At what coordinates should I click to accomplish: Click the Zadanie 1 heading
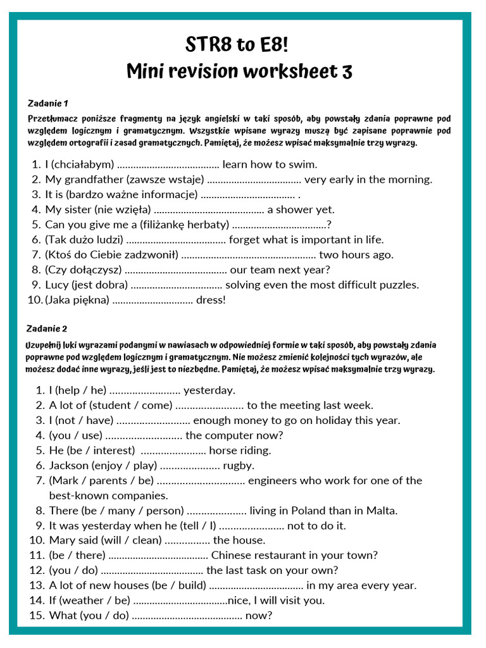[48, 103]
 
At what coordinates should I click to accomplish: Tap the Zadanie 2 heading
[47, 328]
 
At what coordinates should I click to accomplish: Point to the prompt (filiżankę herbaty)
[183, 225]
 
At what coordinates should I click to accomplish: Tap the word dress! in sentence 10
[211, 300]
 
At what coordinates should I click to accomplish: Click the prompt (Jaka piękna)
[77, 300]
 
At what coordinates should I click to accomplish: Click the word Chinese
[232, 556]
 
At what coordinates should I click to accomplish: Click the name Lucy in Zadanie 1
[56, 285]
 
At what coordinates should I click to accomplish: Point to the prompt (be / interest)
[100, 451]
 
